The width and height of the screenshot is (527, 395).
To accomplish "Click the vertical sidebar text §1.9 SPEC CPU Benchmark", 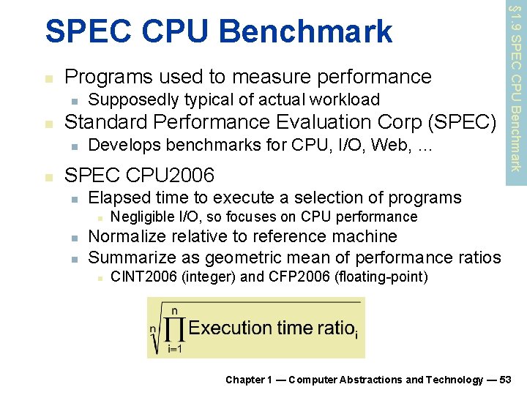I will [x=516, y=88].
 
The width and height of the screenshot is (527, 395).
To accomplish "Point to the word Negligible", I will [x=142, y=217].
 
